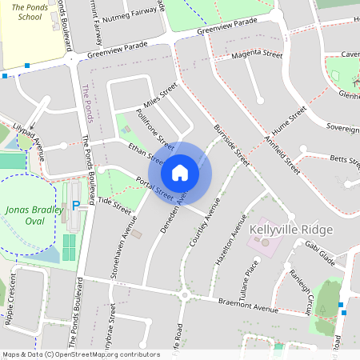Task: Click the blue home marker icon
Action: click(x=180, y=172)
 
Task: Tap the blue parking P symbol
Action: click(x=77, y=206)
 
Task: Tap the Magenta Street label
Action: click(x=257, y=56)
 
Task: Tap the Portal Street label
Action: click(x=154, y=190)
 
